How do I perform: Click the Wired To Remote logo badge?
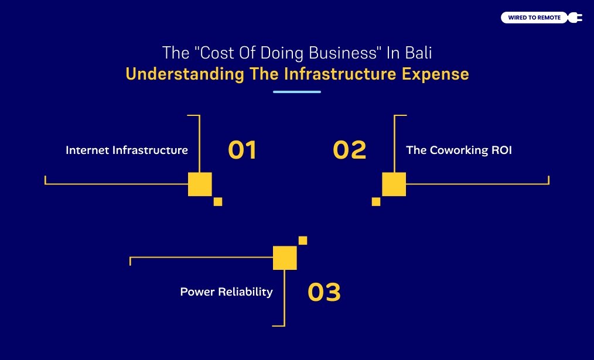[534, 18]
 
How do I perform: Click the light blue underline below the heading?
[297, 92]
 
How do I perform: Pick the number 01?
[242, 150]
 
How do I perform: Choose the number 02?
[349, 150]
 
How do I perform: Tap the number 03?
[324, 292]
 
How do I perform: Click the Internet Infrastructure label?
[127, 150]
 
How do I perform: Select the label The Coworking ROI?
[459, 150]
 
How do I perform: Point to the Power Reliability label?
[226, 292]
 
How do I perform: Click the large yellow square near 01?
[200, 184]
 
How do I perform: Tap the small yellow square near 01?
[218, 201]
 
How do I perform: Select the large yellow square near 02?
[394, 184]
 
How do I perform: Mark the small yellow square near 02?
[376, 201]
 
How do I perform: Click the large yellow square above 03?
[285, 258]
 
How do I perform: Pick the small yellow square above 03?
[303, 240]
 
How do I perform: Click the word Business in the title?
[348, 53]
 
